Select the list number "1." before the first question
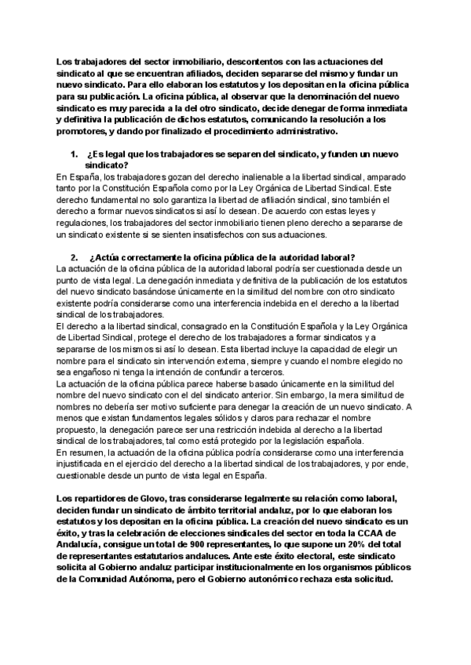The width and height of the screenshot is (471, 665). (75, 154)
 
